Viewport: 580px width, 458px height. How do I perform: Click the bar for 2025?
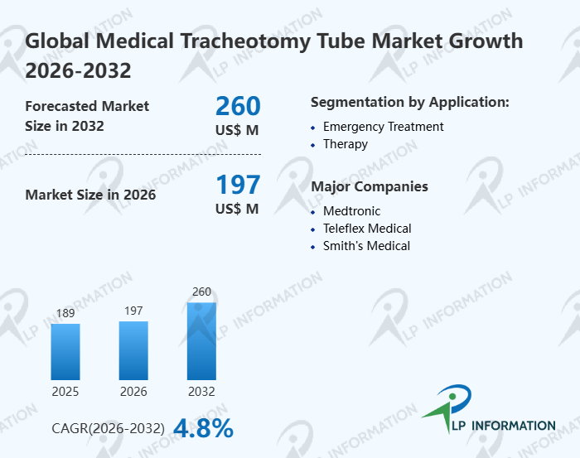click(65, 351)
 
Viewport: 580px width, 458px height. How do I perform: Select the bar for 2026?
click(133, 350)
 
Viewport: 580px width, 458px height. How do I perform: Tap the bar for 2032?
click(201, 340)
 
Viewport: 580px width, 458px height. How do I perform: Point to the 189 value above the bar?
click(65, 314)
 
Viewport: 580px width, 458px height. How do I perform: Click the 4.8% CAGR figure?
click(203, 428)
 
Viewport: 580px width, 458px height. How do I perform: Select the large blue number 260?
click(238, 106)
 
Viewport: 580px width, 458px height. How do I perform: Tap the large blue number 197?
click(238, 185)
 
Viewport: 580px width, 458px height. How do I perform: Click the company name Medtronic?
click(351, 211)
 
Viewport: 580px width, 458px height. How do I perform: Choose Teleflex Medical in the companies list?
click(367, 229)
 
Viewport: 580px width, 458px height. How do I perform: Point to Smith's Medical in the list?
click(366, 246)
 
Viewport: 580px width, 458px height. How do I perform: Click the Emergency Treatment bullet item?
click(383, 127)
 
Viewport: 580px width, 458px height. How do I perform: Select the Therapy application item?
click(346, 144)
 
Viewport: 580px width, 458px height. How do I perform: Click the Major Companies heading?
click(369, 186)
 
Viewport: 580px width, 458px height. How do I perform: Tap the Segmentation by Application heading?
click(409, 102)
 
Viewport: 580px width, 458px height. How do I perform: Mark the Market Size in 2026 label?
click(90, 195)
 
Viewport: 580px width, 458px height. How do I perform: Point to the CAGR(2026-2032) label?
click(108, 429)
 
